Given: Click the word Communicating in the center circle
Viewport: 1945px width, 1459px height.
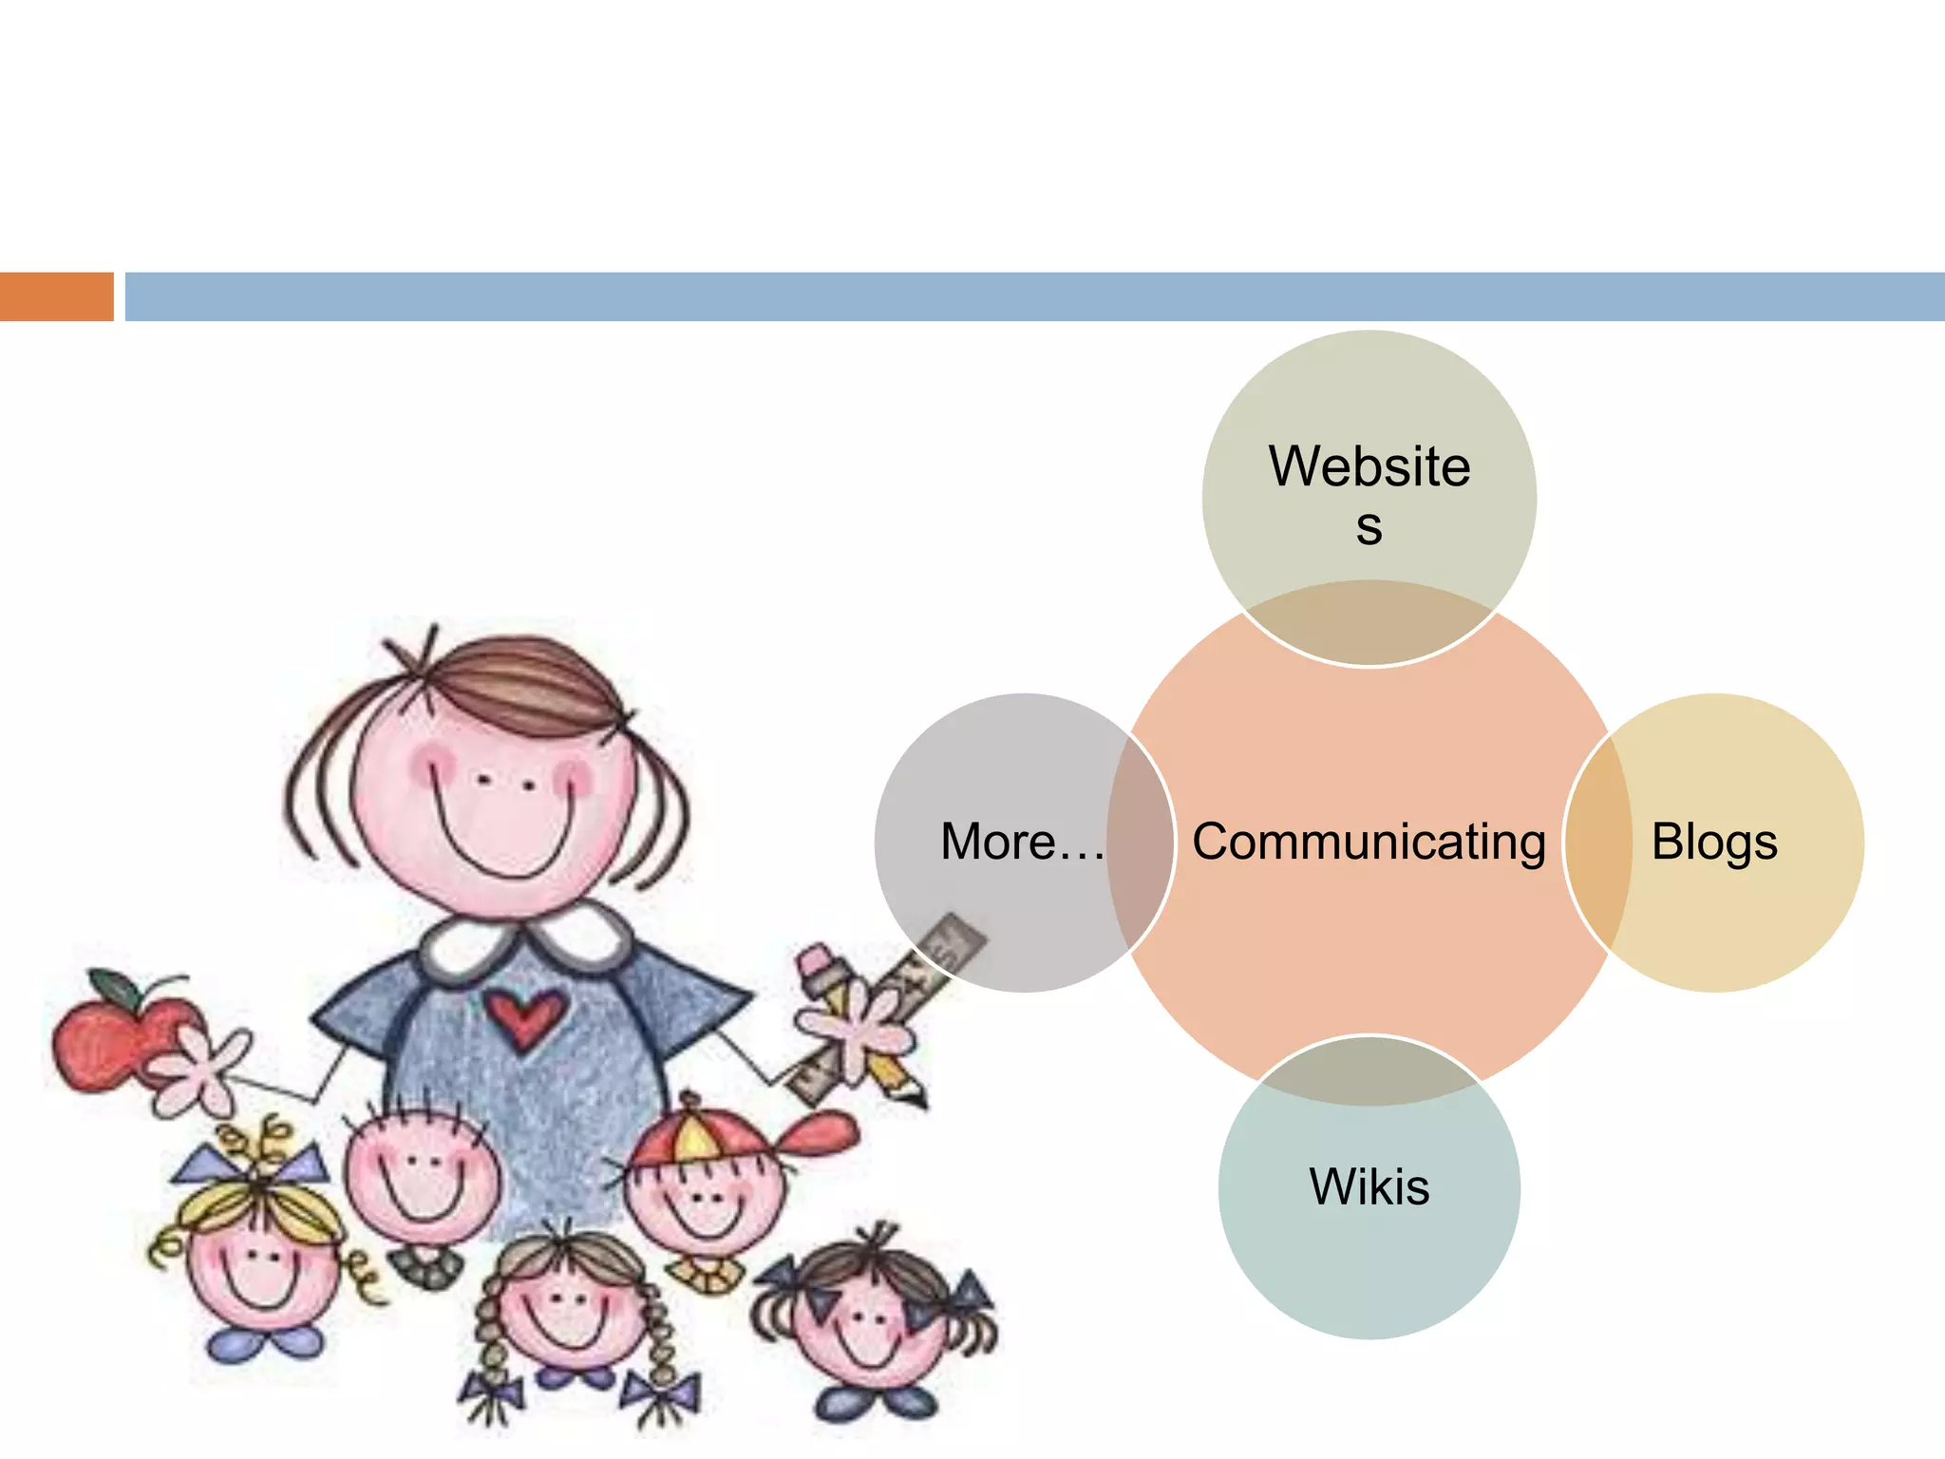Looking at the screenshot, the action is (x=1369, y=843).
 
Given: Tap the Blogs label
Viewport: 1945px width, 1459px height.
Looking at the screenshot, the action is (x=1714, y=843).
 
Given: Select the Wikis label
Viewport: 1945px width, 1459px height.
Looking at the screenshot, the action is (x=1369, y=1187).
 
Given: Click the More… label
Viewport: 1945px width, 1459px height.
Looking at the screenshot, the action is (x=1021, y=843).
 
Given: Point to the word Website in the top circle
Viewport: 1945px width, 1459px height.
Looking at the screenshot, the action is (x=1369, y=466).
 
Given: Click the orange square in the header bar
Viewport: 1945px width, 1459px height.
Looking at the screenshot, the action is (x=56, y=296).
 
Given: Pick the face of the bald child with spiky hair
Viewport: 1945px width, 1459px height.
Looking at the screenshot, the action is (x=418, y=1178).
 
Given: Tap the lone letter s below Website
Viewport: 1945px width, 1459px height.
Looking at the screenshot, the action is (x=1369, y=527).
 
